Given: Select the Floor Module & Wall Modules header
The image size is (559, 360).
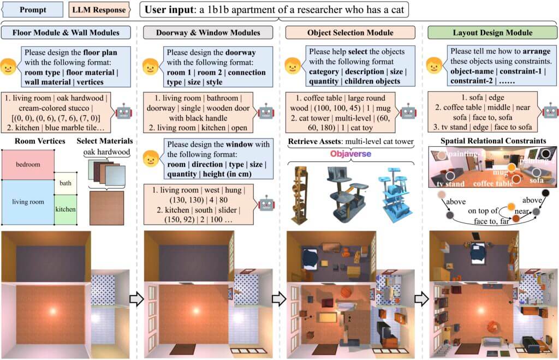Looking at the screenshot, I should tap(67, 33).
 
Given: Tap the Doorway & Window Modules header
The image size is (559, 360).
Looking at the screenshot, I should tap(209, 33).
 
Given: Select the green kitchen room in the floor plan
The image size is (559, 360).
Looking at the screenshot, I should tap(66, 210).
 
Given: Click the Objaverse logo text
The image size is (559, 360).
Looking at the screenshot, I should tap(350, 154).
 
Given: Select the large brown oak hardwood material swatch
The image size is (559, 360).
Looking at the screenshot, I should tap(106, 208).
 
